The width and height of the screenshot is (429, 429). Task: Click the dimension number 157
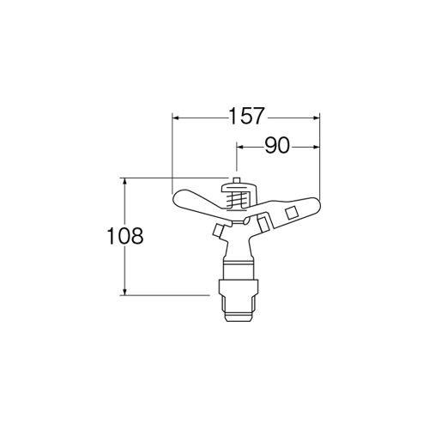tap(246, 117)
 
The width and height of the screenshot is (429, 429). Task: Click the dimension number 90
tap(276, 146)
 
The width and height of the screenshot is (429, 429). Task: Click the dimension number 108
tap(125, 236)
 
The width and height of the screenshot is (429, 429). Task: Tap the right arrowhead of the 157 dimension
tap(315, 118)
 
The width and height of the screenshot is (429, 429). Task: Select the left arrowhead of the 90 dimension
tap(240, 147)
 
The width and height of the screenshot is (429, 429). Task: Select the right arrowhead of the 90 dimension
tap(315, 147)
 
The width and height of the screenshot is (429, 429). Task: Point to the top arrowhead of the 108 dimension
tap(124, 181)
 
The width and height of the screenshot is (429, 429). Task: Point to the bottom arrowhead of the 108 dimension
tap(124, 291)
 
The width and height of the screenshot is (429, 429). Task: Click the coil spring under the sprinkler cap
tap(236, 199)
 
